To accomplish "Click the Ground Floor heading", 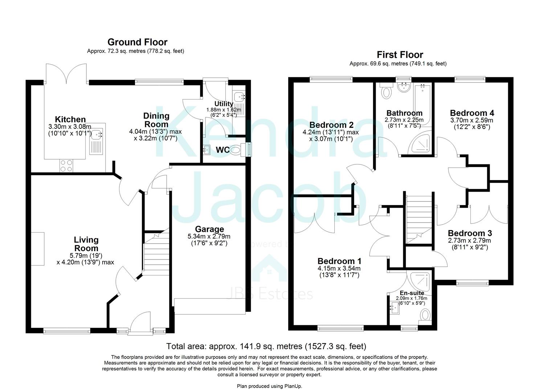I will [x=137, y=42].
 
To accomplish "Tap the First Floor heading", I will [x=400, y=55].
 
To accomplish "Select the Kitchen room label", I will [x=70, y=119].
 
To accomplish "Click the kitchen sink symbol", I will [x=97, y=135].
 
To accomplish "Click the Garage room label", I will [x=209, y=229].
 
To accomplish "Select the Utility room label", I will [x=224, y=104].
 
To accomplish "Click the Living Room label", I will [x=86, y=244].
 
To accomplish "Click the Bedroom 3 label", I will [x=470, y=233].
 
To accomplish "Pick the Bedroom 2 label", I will [x=331, y=125].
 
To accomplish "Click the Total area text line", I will [x=266, y=346].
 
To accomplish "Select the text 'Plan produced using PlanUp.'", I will [x=269, y=386].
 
